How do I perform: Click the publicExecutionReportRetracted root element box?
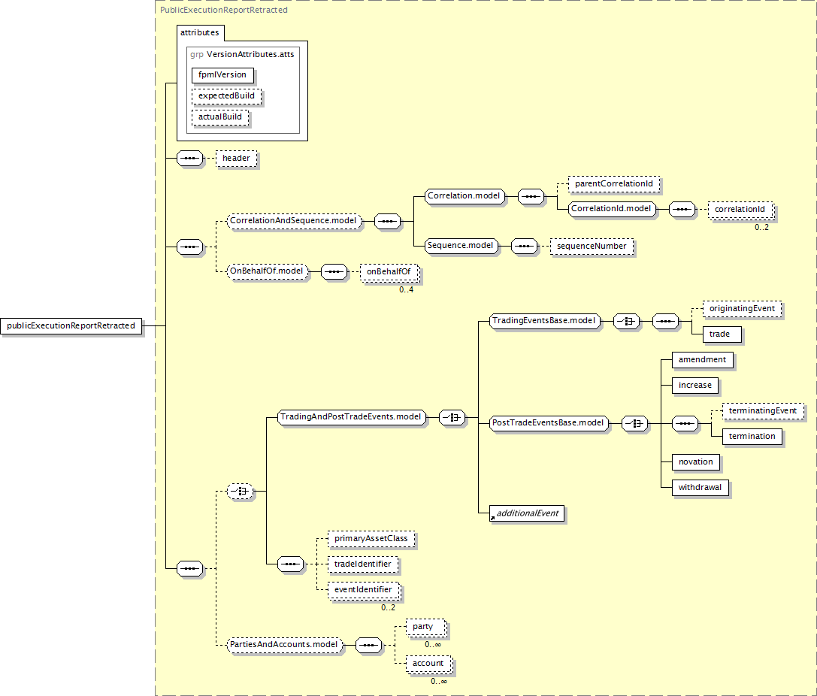click(x=71, y=325)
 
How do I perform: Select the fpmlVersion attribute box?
click(x=222, y=75)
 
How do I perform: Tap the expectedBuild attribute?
click(x=226, y=96)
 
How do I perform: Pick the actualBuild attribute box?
click(x=220, y=117)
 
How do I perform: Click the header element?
click(x=236, y=159)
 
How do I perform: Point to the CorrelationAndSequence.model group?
click(x=294, y=221)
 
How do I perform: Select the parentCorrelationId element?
click(x=613, y=183)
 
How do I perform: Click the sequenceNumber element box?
click(x=591, y=246)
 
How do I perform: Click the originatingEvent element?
click(x=741, y=308)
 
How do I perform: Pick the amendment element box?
click(x=701, y=359)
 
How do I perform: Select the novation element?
click(x=695, y=461)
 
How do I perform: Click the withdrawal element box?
click(x=699, y=487)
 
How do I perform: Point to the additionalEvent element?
click(x=527, y=513)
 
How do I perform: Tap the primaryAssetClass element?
click(x=371, y=539)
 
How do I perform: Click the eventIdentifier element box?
click(x=362, y=590)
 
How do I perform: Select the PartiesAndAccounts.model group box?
click(x=283, y=645)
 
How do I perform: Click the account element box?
click(x=428, y=664)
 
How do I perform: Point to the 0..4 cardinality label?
click(x=406, y=289)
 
